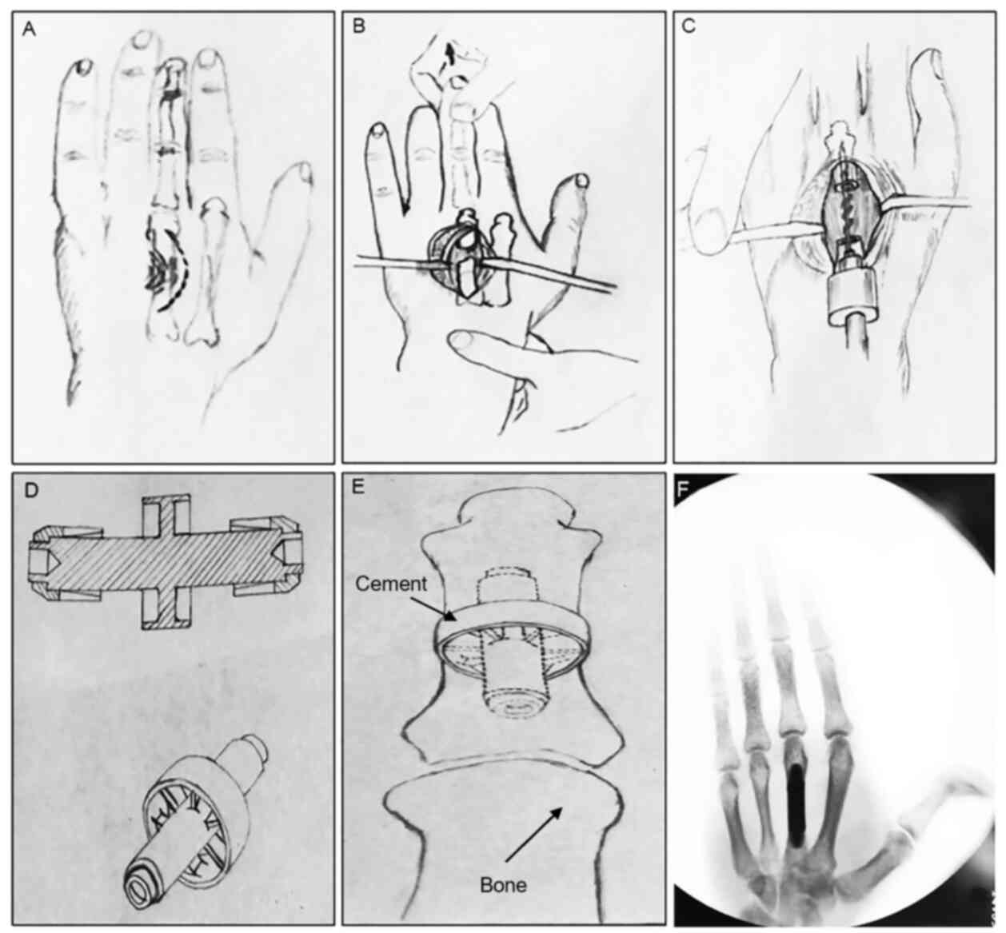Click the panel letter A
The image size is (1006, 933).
tap(30, 30)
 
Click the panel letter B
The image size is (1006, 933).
tap(358, 26)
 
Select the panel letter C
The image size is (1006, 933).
tap(689, 26)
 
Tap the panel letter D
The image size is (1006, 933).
tap(31, 490)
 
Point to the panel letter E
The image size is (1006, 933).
tap(358, 487)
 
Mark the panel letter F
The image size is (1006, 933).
tap(684, 489)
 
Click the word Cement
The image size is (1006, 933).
tap(390, 584)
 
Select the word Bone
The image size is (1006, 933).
tap(503, 885)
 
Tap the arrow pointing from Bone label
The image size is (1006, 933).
tap(533, 834)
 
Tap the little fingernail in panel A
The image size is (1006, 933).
tap(82, 66)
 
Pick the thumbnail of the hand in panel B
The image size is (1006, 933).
tap(583, 181)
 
